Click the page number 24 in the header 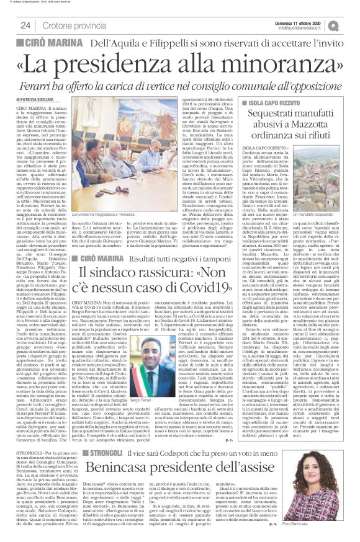(25, 25)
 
